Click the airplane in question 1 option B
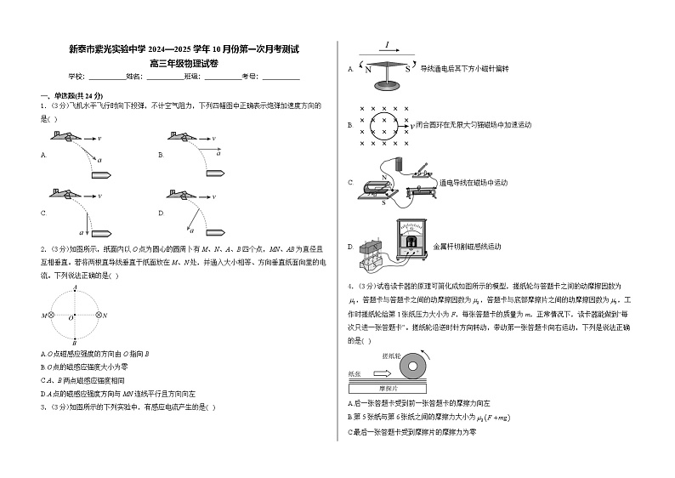[183, 138]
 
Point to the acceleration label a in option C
[82, 232]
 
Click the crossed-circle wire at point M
[51, 316]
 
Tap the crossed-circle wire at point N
[99, 316]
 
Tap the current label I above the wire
[387, 45]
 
